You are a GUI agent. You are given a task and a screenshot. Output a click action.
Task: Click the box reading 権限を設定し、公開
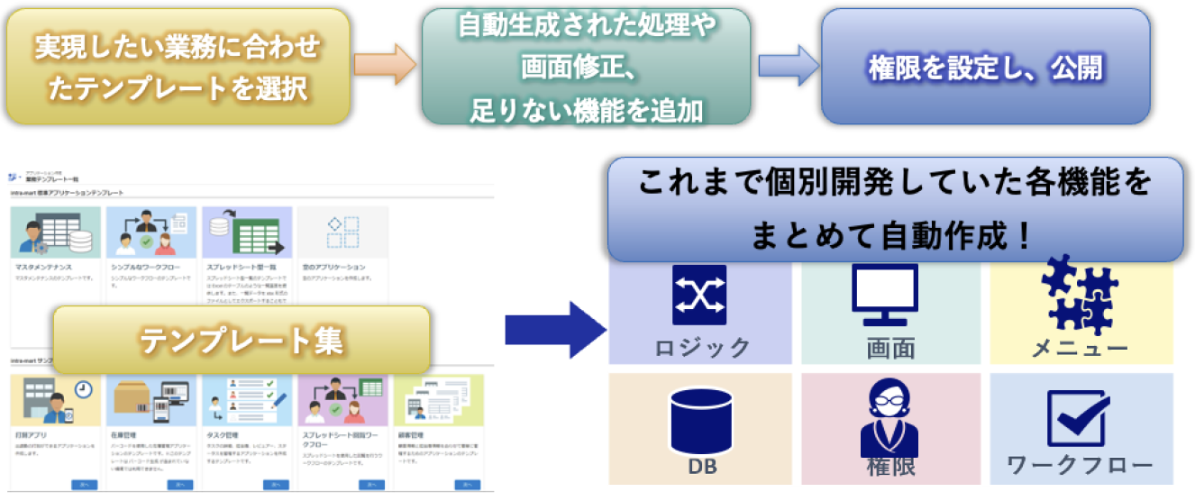pyautogui.click(x=985, y=67)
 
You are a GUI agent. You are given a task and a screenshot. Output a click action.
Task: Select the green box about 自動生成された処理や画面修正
pyautogui.click(x=586, y=67)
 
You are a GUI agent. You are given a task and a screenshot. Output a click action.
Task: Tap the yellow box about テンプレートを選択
pyautogui.click(x=177, y=67)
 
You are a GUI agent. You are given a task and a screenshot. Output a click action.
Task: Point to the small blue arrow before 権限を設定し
pyautogui.click(x=786, y=66)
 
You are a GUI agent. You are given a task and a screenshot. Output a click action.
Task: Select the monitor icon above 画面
pyautogui.click(x=884, y=295)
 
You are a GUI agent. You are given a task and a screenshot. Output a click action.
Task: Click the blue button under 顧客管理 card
pyautogui.click(x=466, y=485)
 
